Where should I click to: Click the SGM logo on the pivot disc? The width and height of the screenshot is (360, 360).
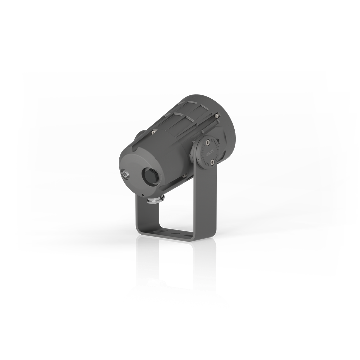click(210, 153)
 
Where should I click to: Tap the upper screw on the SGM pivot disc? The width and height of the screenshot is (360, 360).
click(208, 142)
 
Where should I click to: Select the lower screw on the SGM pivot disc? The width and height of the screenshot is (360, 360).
click(212, 162)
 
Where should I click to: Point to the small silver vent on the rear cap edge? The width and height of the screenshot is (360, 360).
click(126, 174)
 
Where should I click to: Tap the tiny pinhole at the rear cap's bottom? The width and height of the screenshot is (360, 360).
click(143, 195)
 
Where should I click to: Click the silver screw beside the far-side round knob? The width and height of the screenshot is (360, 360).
click(153, 132)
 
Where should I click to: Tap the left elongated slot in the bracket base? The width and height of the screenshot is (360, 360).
click(161, 230)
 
